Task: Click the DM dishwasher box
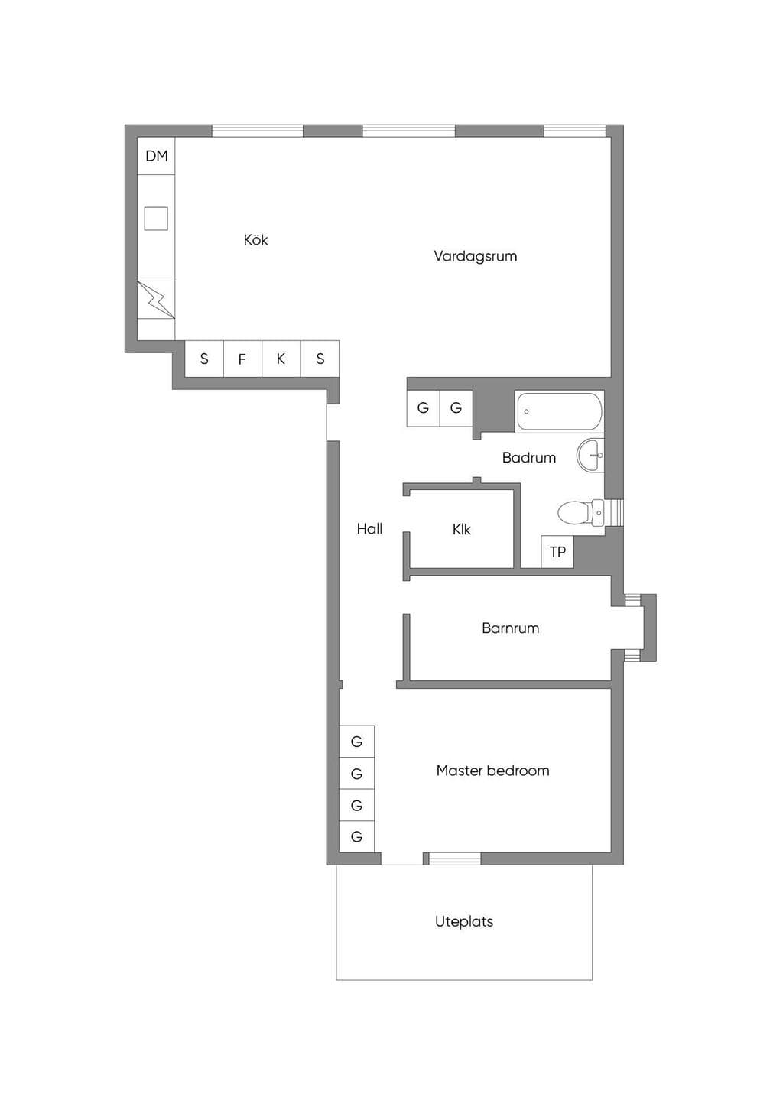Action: pos(156,156)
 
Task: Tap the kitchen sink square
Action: pos(156,219)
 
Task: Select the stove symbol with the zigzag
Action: pos(156,300)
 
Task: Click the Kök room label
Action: pos(255,240)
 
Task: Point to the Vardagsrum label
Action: pos(476,256)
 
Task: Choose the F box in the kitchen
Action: pos(242,359)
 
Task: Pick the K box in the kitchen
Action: pos(281,359)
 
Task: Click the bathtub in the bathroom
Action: pos(559,411)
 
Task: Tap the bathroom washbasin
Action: pos(591,455)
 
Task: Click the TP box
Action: pos(557,551)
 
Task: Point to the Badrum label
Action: pos(529,458)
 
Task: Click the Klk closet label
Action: pos(462,530)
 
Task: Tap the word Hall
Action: pos(370,529)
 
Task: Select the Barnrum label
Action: pos(511,628)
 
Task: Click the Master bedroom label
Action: pos(493,771)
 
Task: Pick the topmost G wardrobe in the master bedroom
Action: pos(356,742)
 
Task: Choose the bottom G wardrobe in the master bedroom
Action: pos(356,836)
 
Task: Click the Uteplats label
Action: pos(464,922)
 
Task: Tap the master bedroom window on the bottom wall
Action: pos(455,859)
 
